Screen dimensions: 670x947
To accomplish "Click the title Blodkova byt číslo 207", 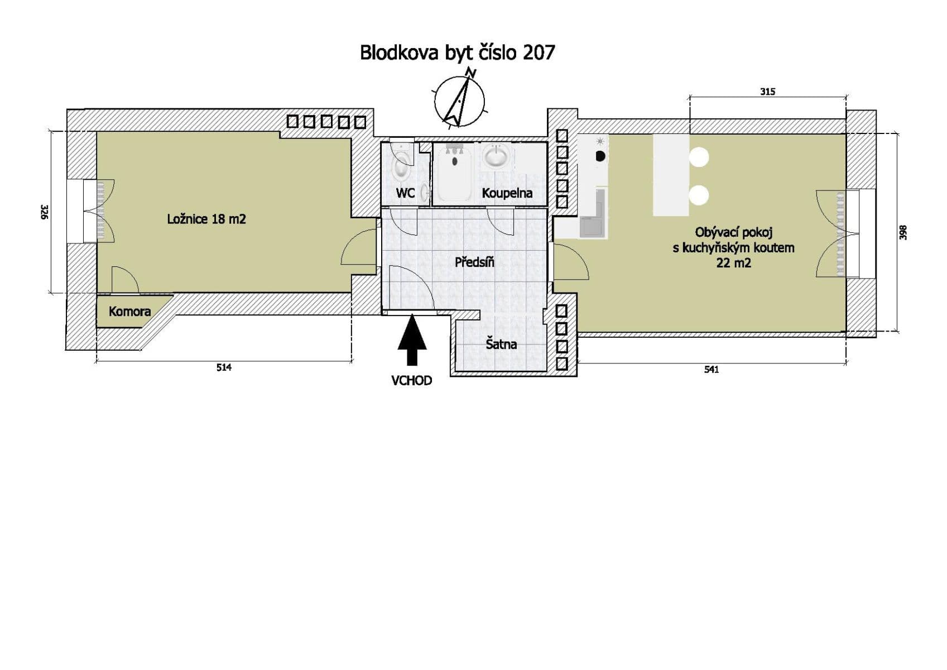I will pyautogui.click(x=457, y=52).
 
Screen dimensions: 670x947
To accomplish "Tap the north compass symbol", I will pyautogui.click(x=459, y=100).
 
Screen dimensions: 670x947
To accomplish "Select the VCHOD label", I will pyautogui.click(x=412, y=381).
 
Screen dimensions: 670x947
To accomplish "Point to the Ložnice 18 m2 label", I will pyautogui.click(x=206, y=219).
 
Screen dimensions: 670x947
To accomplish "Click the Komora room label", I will pyautogui.click(x=129, y=312).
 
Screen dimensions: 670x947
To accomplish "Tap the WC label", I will pyautogui.click(x=405, y=193).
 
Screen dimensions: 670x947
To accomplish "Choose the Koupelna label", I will pyautogui.click(x=507, y=193).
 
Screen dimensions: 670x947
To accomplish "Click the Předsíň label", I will pyautogui.click(x=474, y=262).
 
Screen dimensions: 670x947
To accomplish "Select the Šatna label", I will pyautogui.click(x=501, y=344).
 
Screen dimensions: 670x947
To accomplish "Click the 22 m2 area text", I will pyautogui.click(x=733, y=263).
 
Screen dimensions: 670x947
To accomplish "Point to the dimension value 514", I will pyautogui.click(x=224, y=367).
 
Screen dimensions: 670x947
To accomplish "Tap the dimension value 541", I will pyautogui.click(x=712, y=370).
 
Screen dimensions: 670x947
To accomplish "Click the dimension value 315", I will pyautogui.click(x=768, y=92).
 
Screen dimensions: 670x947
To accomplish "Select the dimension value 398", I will pyautogui.click(x=904, y=232).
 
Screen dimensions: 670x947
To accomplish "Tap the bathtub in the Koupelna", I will pyautogui.click(x=454, y=172).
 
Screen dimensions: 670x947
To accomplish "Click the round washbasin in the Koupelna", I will pyautogui.click(x=496, y=156).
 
